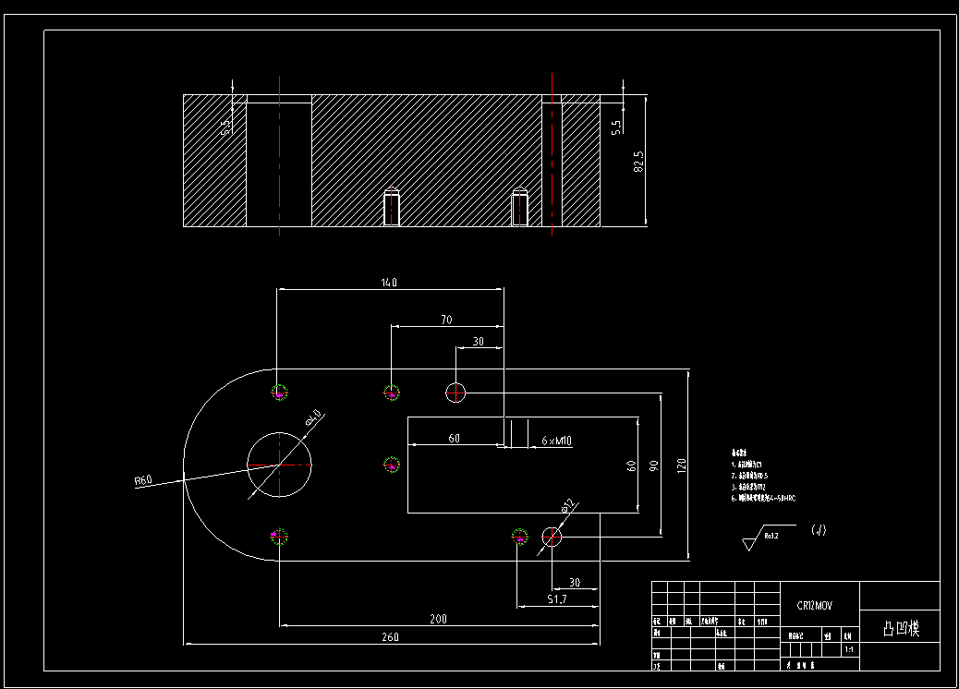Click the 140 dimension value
tap(388, 283)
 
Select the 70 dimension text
tap(446, 320)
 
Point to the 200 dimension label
tap(438, 619)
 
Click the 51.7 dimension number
tap(557, 599)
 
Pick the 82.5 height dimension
tap(637, 161)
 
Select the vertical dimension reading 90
tap(654, 465)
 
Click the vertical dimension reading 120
tap(682, 465)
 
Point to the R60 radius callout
tap(143, 480)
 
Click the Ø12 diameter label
tap(568, 505)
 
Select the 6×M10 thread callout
tap(556, 441)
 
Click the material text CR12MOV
tap(815, 606)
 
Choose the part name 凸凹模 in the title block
tap(900, 629)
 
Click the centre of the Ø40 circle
tap(279, 465)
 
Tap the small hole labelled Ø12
tap(552, 537)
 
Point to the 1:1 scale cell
tap(849, 650)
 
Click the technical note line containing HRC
tap(765, 498)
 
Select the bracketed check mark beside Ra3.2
tap(819, 530)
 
